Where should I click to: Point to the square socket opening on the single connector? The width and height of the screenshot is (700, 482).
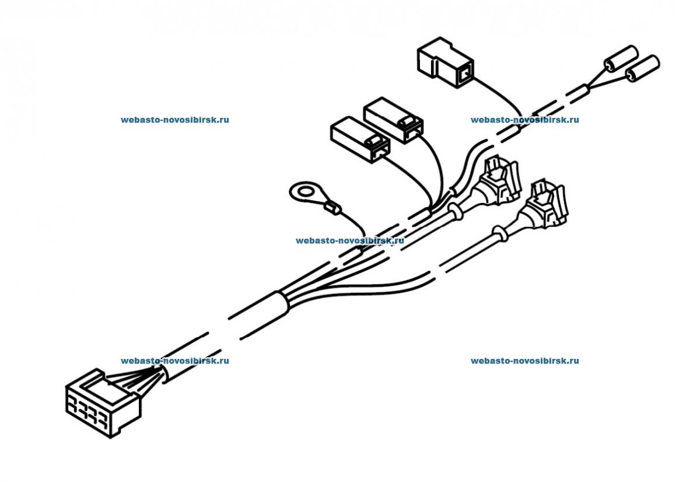[464, 74]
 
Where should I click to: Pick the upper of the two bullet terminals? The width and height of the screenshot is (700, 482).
[619, 58]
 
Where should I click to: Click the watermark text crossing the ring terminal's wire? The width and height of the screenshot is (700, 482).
[349, 240]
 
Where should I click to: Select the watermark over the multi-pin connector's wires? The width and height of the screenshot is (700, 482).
[174, 361]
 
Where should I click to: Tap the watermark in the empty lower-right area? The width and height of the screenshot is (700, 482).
[524, 361]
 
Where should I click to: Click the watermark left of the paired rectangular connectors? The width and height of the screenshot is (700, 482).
[174, 120]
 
